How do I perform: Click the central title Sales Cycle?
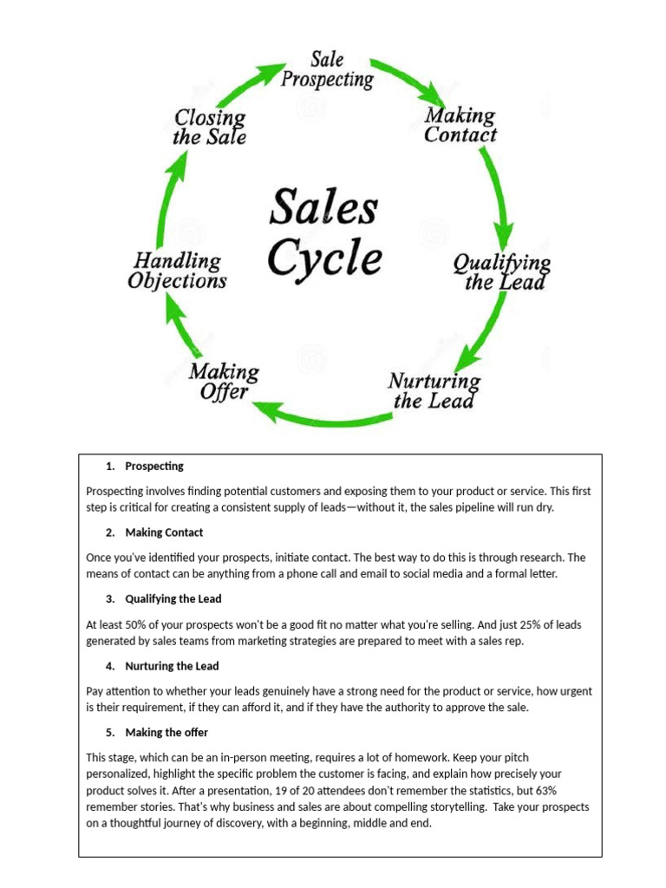323,232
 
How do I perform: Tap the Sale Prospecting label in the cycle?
327,70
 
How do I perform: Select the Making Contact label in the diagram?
460,126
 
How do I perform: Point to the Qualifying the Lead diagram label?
501,272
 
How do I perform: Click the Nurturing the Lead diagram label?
434,391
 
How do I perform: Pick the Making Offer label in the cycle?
224,382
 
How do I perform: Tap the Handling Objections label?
177,271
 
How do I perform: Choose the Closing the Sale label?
210,127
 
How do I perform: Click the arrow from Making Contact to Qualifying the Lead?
498,195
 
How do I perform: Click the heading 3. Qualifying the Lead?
173,598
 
